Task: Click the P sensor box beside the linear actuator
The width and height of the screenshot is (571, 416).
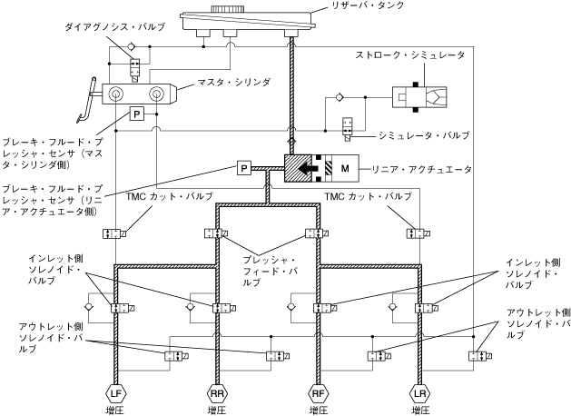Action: point(243,168)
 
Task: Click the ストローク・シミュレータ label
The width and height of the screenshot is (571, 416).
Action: point(411,56)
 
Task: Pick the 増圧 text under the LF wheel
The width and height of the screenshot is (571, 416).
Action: point(115,410)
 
